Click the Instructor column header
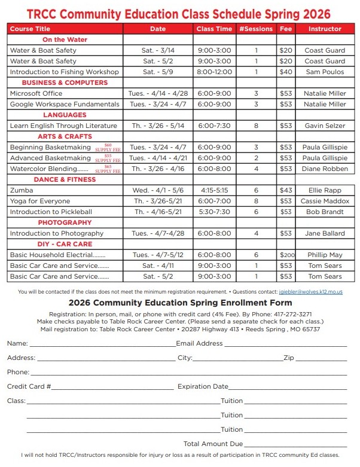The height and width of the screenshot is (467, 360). click(x=325, y=29)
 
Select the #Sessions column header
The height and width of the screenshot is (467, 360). click(x=255, y=29)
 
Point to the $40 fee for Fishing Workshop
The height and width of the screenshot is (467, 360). click(x=286, y=72)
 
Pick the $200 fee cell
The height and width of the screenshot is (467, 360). click(x=286, y=255)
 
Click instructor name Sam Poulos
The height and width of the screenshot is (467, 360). click(x=325, y=72)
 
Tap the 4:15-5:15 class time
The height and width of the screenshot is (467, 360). click(x=215, y=190)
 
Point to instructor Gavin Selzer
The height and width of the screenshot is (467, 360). click(x=325, y=126)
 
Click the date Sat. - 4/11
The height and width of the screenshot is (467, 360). click(x=158, y=265)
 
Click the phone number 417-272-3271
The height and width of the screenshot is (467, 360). click(x=292, y=314)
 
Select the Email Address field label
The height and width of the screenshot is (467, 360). click(x=199, y=344)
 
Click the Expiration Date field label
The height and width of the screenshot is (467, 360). click(x=203, y=387)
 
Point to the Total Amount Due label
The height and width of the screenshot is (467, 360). click(x=213, y=444)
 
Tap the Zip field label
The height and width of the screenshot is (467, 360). click(x=289, y=358)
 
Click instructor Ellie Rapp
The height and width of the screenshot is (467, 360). click(x=325, y=190)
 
